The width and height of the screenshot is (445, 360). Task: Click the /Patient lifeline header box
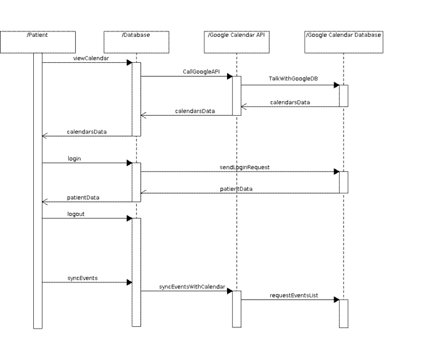38,42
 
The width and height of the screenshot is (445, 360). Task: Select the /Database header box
136,42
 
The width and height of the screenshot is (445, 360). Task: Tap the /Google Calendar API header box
237,42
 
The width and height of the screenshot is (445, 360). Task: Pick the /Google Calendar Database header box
343,42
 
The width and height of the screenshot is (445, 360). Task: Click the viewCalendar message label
91,58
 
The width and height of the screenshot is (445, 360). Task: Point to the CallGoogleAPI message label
201,71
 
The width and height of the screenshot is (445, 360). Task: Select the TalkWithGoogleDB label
293,79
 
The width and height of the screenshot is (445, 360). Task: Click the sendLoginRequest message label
244,167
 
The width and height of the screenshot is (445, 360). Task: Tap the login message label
74,159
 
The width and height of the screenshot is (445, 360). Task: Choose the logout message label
76,214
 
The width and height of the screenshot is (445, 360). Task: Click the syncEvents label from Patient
82,278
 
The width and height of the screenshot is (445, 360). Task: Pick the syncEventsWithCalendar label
192,287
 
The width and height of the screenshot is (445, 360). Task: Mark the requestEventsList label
294,295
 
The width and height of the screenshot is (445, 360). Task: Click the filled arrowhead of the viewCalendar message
129,62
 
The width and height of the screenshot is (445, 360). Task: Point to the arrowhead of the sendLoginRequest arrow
337,172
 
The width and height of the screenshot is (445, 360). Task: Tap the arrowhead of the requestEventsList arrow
337,300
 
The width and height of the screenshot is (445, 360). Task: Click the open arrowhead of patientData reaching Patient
45,202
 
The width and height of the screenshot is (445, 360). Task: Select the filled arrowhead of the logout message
129,218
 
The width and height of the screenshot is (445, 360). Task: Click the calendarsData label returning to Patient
87,132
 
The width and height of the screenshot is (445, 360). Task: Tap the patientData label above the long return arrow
236,189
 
